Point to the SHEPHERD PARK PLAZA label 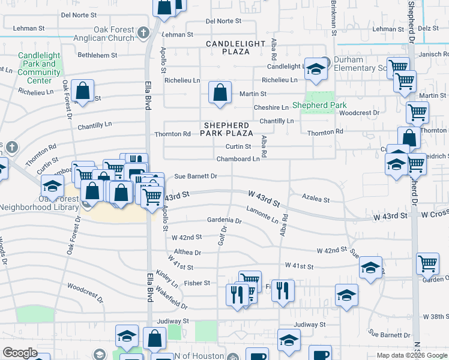[227, 128]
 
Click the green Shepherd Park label [319, 106]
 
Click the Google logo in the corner [20, 353]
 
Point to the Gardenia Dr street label [224, 221]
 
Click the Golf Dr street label [224, 236]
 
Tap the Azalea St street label [316, 199]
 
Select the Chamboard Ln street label [238, 159]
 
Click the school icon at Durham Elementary [315, 70]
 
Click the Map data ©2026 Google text [411, 355]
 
